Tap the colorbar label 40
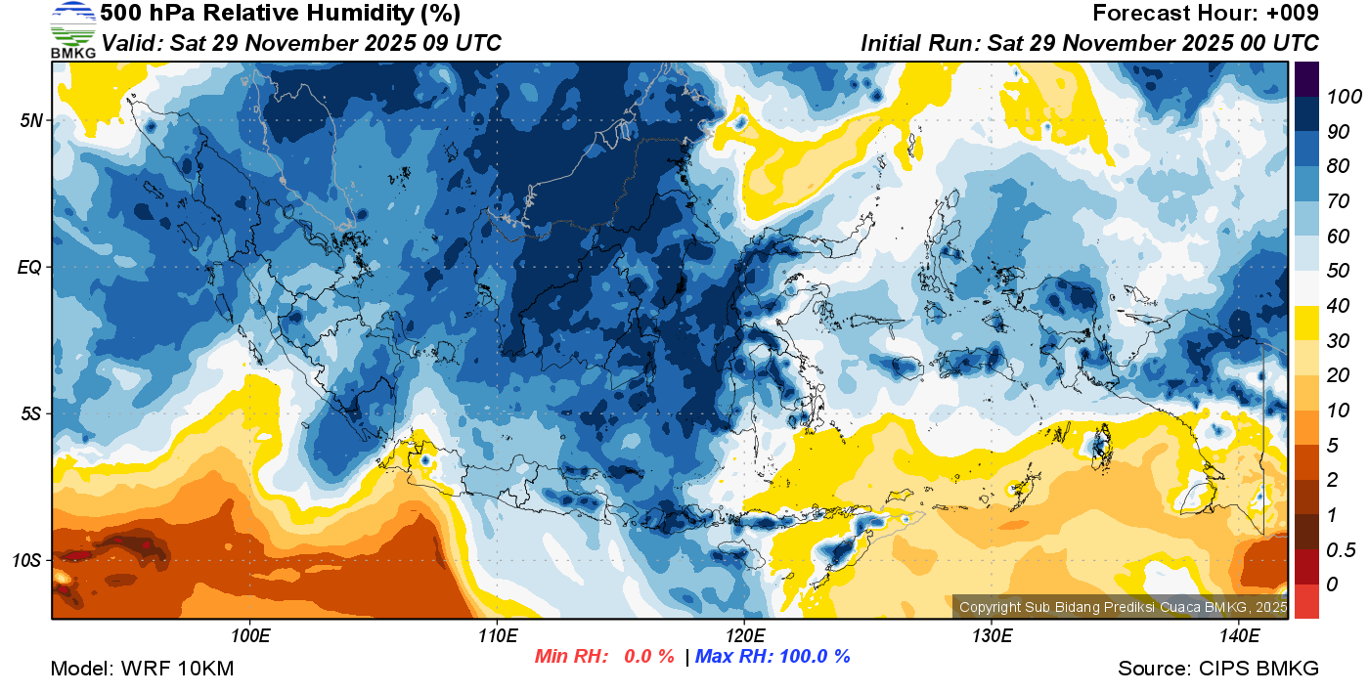[1337, 306]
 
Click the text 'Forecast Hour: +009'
[1206, 14]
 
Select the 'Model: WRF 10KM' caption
[142, 670]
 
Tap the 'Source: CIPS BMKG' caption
[1218, 670]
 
